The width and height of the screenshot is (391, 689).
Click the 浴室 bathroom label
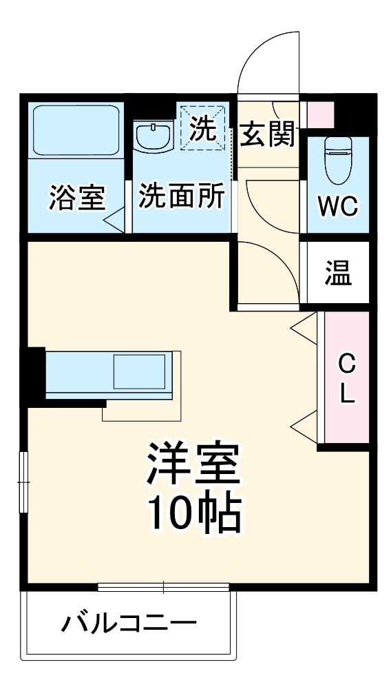point(76,198)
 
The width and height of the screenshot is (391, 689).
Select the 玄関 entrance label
point(268,134)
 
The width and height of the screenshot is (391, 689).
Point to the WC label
point(337,206)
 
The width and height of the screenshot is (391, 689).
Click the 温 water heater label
point(338,274)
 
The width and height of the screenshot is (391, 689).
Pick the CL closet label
point(347,378)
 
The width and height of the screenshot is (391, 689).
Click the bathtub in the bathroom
point(76,130)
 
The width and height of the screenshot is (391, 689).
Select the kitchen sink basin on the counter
point(139,373)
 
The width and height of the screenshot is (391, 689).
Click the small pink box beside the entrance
point(319,114)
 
